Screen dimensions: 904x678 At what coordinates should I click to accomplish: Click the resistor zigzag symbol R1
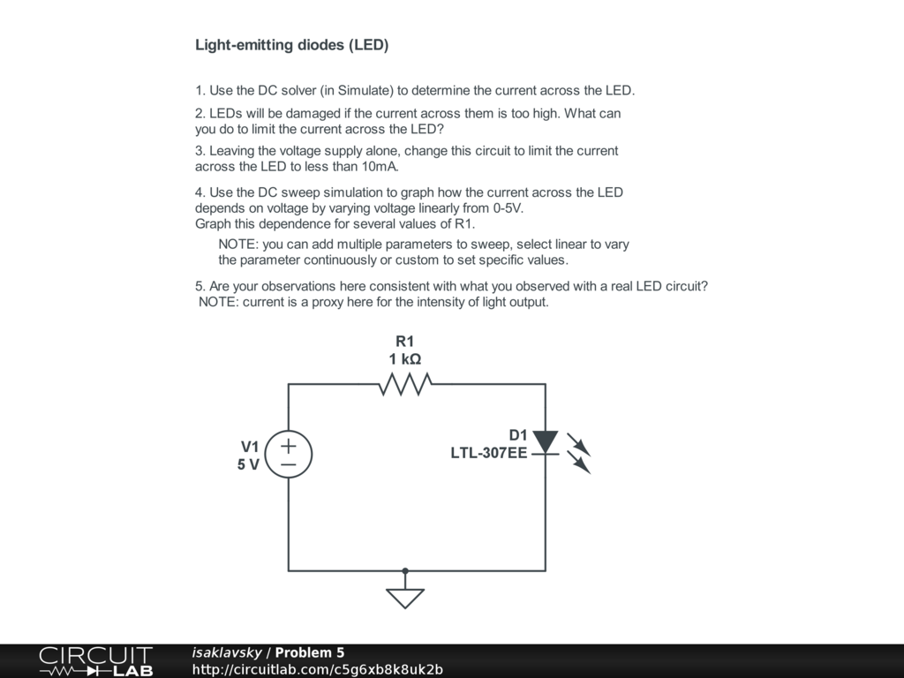[x=404, y=384]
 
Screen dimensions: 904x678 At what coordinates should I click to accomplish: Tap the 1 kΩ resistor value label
[x=404, y=359]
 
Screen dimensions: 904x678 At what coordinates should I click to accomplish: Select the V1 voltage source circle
[x=289, y=455]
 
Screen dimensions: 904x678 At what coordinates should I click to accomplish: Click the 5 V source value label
[x=248, y=464]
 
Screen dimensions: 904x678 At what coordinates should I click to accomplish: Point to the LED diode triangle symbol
[x=546, y=442]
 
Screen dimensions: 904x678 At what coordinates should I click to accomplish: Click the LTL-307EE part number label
[x=489, y=454]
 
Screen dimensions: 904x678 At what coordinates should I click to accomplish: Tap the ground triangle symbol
[x=405, y=599]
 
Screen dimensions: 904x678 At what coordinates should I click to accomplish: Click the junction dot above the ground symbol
[x=405, y=570]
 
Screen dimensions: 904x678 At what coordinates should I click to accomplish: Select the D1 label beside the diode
[x=517, y=435]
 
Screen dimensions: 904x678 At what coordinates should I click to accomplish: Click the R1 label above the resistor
[x=404, y=342]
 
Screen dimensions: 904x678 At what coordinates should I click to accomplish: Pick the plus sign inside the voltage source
[x=288, y=446]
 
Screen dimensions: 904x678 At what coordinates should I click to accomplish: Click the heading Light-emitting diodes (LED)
[x=291, y=45]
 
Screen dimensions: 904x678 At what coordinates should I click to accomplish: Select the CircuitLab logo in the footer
[x=95, y=661]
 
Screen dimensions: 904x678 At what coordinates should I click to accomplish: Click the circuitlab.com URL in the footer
[x=318, y=669]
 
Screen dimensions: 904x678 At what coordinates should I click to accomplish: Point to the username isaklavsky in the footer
[x=227, y=652]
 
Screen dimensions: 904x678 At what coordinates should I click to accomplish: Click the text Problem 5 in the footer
[x=310, y=652]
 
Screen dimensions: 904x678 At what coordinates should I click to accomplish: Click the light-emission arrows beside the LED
[x=578, y=452]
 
